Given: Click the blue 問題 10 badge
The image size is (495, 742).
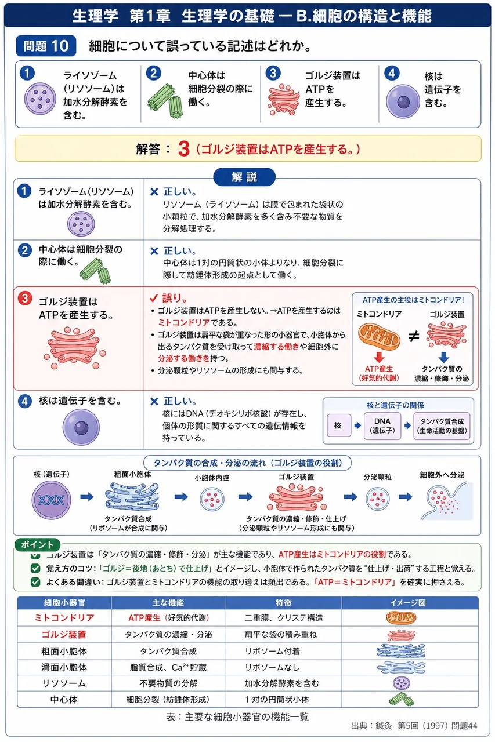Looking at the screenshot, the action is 46,46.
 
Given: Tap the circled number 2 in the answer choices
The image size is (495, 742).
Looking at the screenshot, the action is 154,73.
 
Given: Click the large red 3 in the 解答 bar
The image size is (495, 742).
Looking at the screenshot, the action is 184,149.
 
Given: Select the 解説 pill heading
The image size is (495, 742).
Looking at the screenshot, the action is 244,177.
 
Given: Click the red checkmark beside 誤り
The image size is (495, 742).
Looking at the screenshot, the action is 154,298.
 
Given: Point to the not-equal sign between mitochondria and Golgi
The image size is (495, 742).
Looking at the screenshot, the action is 413,337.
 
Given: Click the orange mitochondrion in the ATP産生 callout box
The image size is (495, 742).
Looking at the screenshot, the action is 380,337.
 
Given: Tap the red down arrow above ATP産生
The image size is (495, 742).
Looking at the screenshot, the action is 379,357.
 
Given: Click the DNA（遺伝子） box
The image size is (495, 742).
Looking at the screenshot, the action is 382,425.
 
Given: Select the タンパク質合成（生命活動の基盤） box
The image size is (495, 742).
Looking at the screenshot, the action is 442,425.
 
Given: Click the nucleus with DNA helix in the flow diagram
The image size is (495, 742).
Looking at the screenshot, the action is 52,500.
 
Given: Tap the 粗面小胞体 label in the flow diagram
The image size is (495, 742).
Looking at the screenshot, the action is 133,474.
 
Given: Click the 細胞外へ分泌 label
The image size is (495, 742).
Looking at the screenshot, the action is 442,475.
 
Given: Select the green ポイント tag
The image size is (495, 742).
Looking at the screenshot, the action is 37,544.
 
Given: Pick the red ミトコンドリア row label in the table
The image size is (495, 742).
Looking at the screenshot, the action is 64,618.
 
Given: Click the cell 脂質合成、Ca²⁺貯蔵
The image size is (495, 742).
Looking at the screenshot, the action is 168,667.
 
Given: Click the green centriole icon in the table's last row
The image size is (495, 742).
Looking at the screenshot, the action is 401,699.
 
